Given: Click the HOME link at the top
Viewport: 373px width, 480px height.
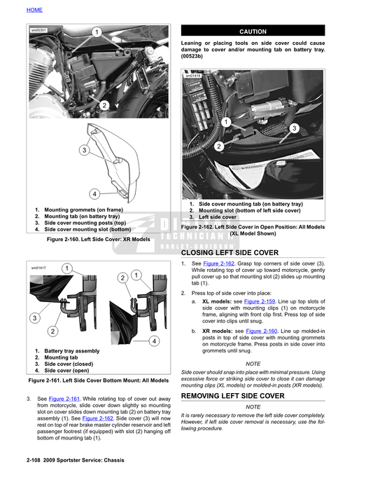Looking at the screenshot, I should pyautogui.click(x=34, y=10).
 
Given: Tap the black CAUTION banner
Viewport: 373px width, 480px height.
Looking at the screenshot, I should pyautogui.click(x=253, y=32).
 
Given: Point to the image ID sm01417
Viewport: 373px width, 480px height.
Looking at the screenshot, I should pyautogui.click(x=38, y=268).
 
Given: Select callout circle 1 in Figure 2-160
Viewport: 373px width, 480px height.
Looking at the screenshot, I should pyautogui.click(x=97, y=32).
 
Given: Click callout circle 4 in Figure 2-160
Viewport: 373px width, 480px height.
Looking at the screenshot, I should pyautogui.click(x=94, y=193).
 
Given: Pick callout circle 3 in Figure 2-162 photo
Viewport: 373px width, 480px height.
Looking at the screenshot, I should pyautogui.click(x=294, y=128).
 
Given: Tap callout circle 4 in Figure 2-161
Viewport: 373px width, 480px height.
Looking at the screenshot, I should pyautogui.click(x=154, y=340).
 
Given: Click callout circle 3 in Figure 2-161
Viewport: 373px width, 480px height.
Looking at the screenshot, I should pyautogui.click(x=34, y=318).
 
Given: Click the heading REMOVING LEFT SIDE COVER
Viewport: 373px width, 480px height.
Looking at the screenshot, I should pyautogui.click(x=233, y=396).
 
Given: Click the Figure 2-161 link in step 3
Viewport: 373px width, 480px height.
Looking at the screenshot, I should pyautogui.click(x=65, y=399).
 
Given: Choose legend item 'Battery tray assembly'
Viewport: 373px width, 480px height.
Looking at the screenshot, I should pyautogui.click(x=72, y=350).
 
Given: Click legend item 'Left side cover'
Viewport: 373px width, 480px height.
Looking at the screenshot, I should pyautogui.click(x=218, y=217).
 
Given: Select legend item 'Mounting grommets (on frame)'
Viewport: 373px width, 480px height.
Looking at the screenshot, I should pyautogui.click(x=83, y=210).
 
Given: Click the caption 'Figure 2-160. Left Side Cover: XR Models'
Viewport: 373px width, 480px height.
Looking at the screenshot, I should pyautogui.click(x=98, y=239).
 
